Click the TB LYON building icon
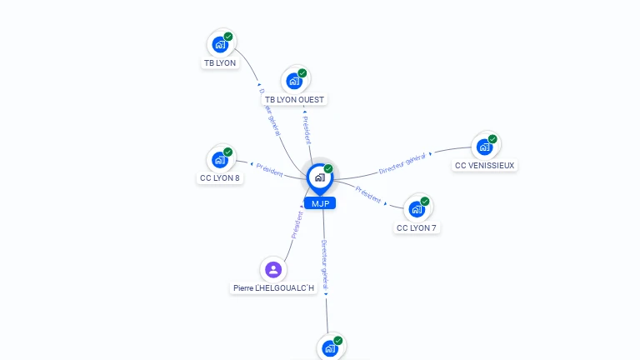tap(220, 44)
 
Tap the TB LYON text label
tap(220, 63)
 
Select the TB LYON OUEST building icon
tap(294, 81)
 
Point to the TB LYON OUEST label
tap(294, 100)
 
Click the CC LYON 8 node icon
tap(220, 159)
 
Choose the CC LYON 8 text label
tap(220, 178)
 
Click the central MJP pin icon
tap(319, 177)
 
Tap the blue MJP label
tap(319, 203)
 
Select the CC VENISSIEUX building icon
tap(484, 147)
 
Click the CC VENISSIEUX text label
tap(484, 166)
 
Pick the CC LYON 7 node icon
tap(417, 208)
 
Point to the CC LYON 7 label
tap(417, 228)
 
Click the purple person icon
tap(273, 269)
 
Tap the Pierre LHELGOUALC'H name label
tap(273, 288)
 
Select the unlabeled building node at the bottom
tap(330, 347)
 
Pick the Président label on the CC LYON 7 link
tap(368, 194)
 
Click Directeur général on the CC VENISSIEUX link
tap(402, 163)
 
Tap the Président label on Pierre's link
tap(297, 225)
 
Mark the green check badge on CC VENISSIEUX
tap(492, 139)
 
